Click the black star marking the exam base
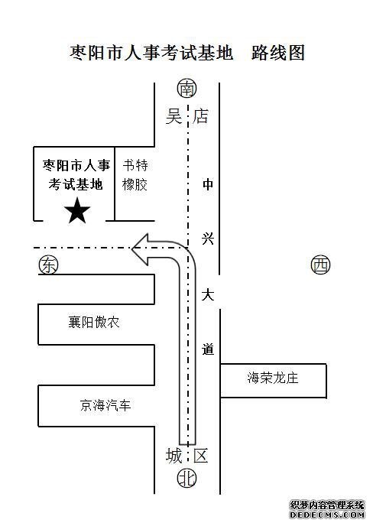tap(77, 211)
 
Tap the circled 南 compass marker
tap(186, 89)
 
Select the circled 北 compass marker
tap(186, 478)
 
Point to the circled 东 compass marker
tap(48, 265)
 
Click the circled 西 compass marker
tap(321, 265)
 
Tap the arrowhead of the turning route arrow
tap(140, 249)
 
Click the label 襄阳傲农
tap(94, 323)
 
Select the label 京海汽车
tap(105, 405)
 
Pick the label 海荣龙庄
tap(273, 378)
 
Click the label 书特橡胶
tap(135, 175)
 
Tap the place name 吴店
tap(186, 116)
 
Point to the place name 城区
tap(186, 456)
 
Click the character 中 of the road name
tap(208, 184)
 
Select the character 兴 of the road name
tap(208, 239)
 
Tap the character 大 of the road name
tap(208, 295)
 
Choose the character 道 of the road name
tap(208, 350)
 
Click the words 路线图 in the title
tap(278, 53)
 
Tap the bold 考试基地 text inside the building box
tap(76, 184)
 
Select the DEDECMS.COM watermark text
tap(327, 515)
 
